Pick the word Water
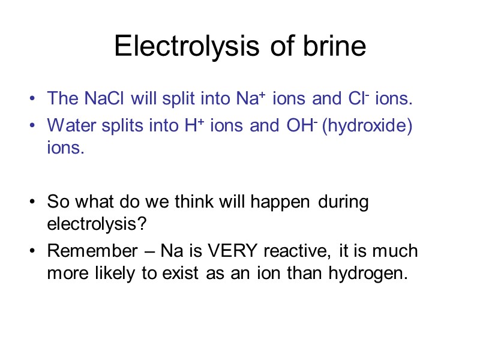[70, 125]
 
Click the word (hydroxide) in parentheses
[367, 126]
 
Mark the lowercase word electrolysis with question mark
[97, 224]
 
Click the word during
[343, 202]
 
